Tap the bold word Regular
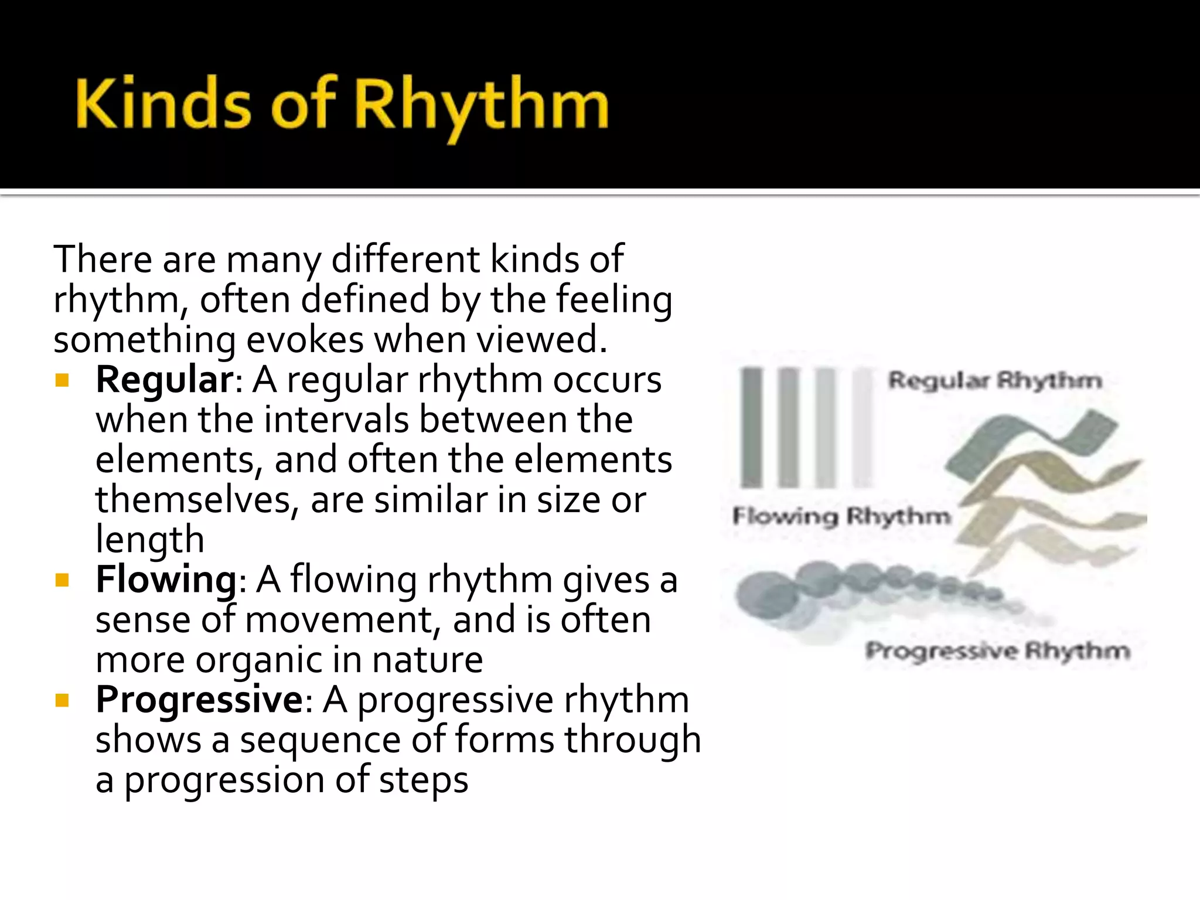pos(165,380)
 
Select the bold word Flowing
pos(166,579)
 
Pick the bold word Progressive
pos(199,700)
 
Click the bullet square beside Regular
pos(62,381)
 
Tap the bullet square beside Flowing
pos(62,581)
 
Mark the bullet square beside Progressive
pos(62,701)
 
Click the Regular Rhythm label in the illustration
pos(994,381)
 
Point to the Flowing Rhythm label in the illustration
pos(841,517)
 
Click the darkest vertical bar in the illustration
pos(751,428)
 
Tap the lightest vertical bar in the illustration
pos(862,428)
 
